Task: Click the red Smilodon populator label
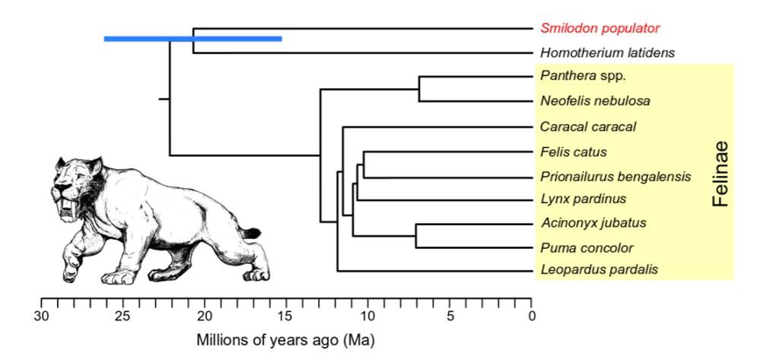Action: [x=599, y=29]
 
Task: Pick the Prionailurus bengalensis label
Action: [x=615, y=177]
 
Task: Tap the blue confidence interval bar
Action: [x=192, y=38]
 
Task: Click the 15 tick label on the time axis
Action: [x=288, y=315]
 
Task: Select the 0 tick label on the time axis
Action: [x=533, y=315]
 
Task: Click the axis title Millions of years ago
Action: [x=286, y=339]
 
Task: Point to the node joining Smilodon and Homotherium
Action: [x=193, y=40]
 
